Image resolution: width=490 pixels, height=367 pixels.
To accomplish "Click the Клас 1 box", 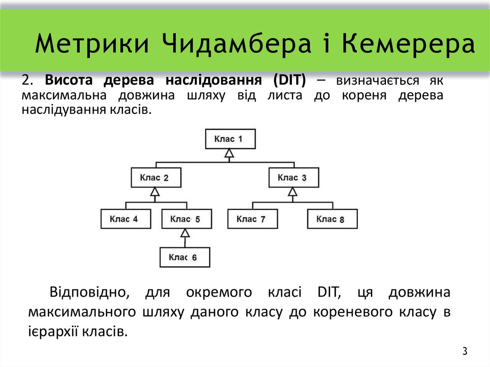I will (x=230, y=139).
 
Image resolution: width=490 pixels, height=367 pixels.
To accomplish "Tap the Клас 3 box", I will (x=293, y=178).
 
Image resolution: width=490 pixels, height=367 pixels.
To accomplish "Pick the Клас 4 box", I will (x=126, y=219).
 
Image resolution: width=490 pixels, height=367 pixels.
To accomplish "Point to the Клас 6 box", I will (x=185, y=257).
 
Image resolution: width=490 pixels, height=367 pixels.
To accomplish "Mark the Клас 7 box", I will (x=252, y=219).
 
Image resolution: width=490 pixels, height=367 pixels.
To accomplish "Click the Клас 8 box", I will (x=332, y=219).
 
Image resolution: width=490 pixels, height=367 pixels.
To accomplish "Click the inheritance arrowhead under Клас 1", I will (x=230, y=154).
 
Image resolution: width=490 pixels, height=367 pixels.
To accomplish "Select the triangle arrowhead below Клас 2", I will (x=155, y=192).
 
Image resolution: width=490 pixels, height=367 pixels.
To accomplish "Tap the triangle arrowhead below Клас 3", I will (x=293, y=192).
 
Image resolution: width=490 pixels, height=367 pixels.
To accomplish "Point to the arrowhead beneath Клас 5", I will (x=185, y=233).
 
